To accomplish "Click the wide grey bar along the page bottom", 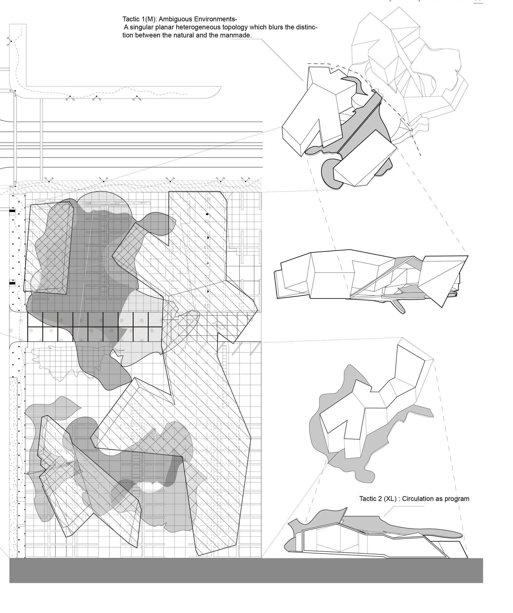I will pyautogui.click(x=246, y=571).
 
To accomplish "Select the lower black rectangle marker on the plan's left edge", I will pyautogui.click(x=12, y=283).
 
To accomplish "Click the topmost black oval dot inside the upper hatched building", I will pyautogui.click(x=207, y=214).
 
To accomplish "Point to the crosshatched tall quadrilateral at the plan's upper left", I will pyautogui.click(x=48, y=248).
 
